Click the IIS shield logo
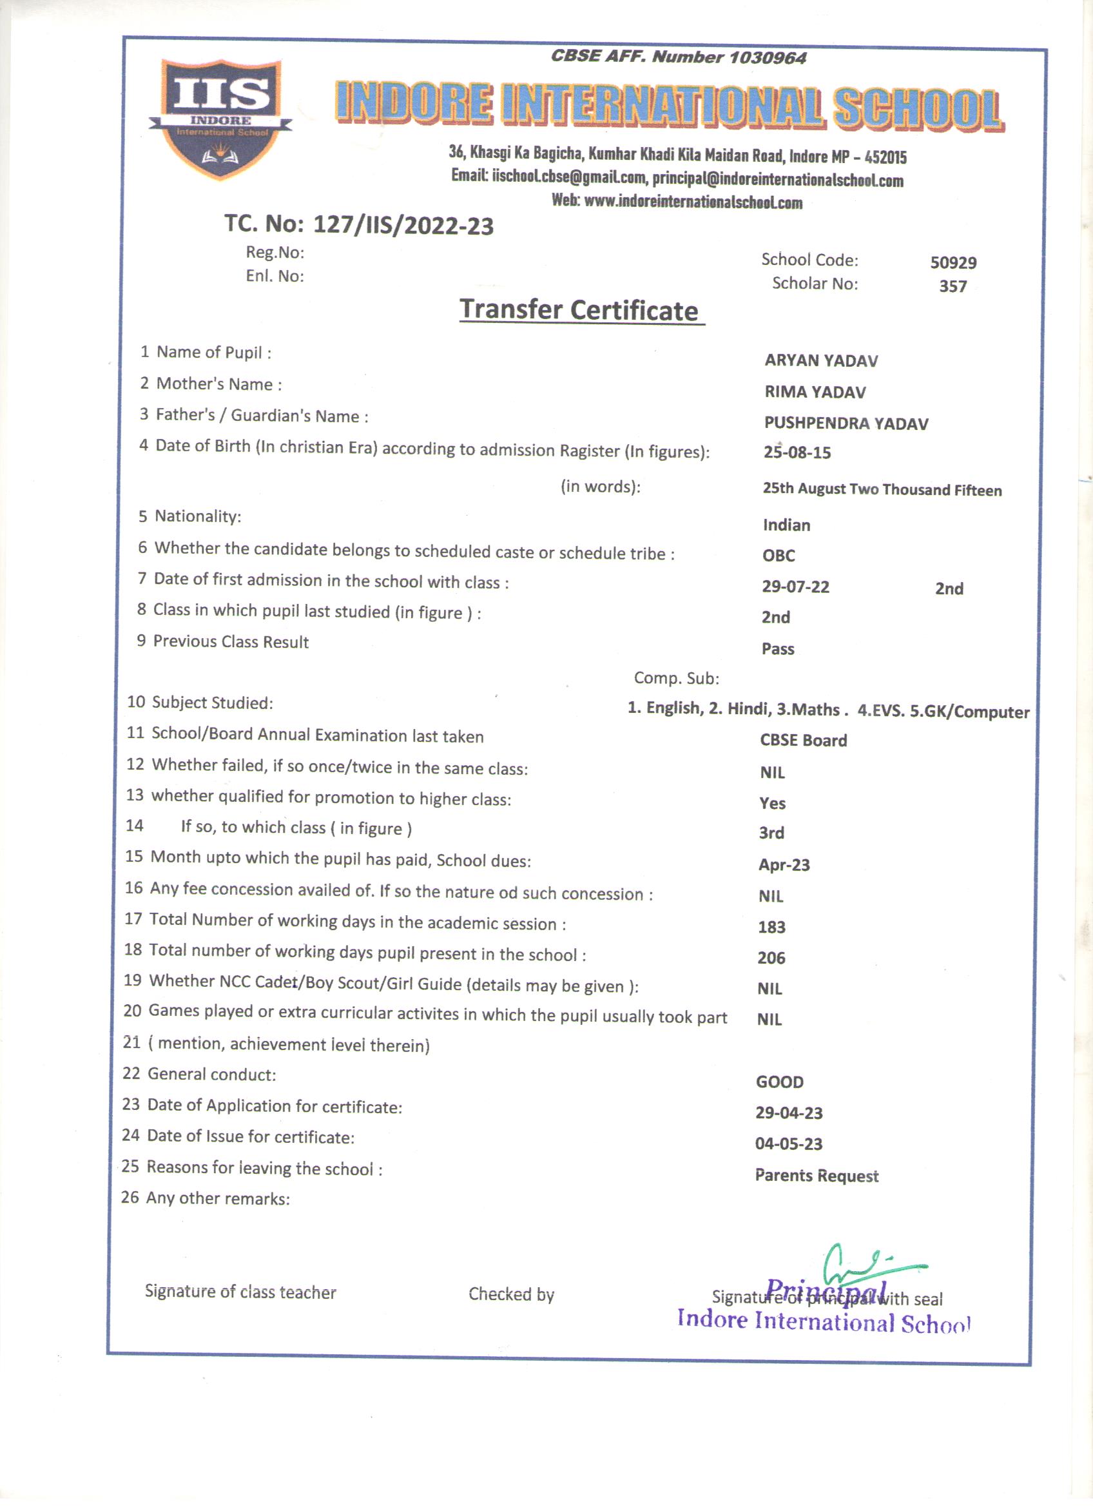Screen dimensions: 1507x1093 pos(220,118)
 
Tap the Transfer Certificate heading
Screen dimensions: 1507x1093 pos(579,310)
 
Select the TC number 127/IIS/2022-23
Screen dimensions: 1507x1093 pos(403,226)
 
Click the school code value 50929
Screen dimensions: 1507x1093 pos(953,262)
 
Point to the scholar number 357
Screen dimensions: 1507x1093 pos(952,286)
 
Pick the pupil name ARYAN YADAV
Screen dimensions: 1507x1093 pos(820,361)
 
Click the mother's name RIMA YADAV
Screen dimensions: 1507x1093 pos(815,392)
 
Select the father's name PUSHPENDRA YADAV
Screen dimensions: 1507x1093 pos(846,423)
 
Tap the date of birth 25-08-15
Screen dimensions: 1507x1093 pos(797,452)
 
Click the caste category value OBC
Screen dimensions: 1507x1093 pos(778,556)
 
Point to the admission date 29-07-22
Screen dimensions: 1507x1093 pos(795,587)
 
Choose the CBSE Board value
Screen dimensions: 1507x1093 pos(803,740)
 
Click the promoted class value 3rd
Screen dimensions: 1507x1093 pos(771,833)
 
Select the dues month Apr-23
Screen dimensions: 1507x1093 pos(784,865)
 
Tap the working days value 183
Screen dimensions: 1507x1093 pos(771,927)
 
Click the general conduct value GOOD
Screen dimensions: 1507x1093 pos(779,1082)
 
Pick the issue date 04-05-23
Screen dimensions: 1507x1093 pos(789,1144)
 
